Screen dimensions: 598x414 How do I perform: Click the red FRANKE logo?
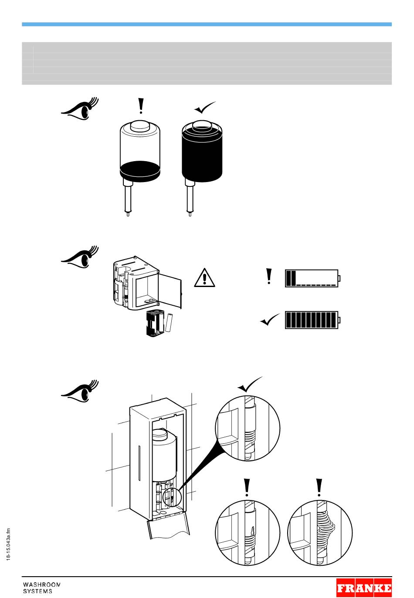364,588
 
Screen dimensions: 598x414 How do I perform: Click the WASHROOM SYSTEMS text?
41,588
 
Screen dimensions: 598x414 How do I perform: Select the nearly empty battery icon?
312,278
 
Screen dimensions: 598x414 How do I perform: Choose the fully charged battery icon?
312,320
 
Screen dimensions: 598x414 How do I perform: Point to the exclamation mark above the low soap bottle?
140,106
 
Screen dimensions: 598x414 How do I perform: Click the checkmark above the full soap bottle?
205,107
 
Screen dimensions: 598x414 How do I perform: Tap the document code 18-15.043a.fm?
9,544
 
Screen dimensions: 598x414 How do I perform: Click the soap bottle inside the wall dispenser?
163,455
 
